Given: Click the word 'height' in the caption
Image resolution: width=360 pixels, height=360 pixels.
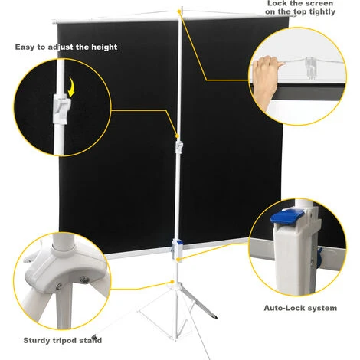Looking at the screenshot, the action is pyautogui.click(x=104, y=47).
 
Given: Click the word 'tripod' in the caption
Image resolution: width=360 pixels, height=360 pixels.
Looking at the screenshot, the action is pyautogui.click(x=64, y=340).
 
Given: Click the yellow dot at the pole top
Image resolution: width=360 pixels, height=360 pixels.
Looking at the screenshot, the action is pyautogui.click(x=179, y=11).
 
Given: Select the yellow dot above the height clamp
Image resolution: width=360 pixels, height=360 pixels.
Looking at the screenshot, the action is pyautogui.click(x=177, y=136).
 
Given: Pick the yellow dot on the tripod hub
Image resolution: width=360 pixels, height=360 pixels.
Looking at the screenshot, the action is pyautogui.click(x=172, y=282).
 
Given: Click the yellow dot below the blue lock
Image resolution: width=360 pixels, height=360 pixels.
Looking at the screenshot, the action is pyautogui.click(x=178, y=260).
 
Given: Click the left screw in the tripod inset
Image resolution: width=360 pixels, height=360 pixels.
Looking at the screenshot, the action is pyautogui.click(x=59, y=286).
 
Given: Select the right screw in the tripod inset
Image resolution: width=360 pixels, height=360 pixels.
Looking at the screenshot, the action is pyautogui.click(x=84, y=280).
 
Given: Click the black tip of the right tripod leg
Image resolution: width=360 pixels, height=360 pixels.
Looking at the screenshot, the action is pyautogui.click(x=214, y=316).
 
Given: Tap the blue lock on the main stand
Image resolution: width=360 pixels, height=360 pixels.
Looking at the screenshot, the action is pyautogui.click(x=179, y=242).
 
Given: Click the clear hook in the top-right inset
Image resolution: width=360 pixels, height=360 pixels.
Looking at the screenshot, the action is pyautogui.click(x=311, y=68).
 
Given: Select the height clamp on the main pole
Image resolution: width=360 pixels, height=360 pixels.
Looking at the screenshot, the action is pyautogui.click(x=179, y=147).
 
